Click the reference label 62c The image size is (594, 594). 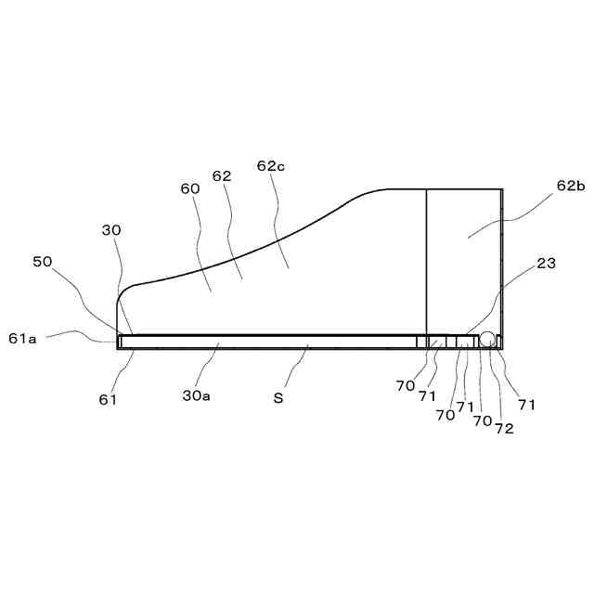click(x=270, y=167)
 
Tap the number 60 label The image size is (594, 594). click(x=190, y=188)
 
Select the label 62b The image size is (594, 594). click(x=571, y=186)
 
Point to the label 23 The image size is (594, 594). click(x=546, y=264)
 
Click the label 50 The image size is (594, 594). click(x=43, y=262)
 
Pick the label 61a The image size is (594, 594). click(x=22, y=339)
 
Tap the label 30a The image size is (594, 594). click(x=196, y=396)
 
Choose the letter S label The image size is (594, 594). click(x=278, y=397)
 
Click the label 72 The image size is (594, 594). click(x=504, y=429)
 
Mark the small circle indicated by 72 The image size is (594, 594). click(x=487, y=342)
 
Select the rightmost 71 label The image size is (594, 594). click(x=527, y=405)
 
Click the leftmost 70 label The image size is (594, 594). click(x=405, y=385)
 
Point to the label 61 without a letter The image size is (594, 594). click(x=108, y=399)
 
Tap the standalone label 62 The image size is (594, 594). click(x=222, y=175)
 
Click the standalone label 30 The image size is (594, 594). click(x=111, y=230)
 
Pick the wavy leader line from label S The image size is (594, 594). click(x=297, y=367)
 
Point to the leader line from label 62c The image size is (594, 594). click(x=281, y=223)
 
